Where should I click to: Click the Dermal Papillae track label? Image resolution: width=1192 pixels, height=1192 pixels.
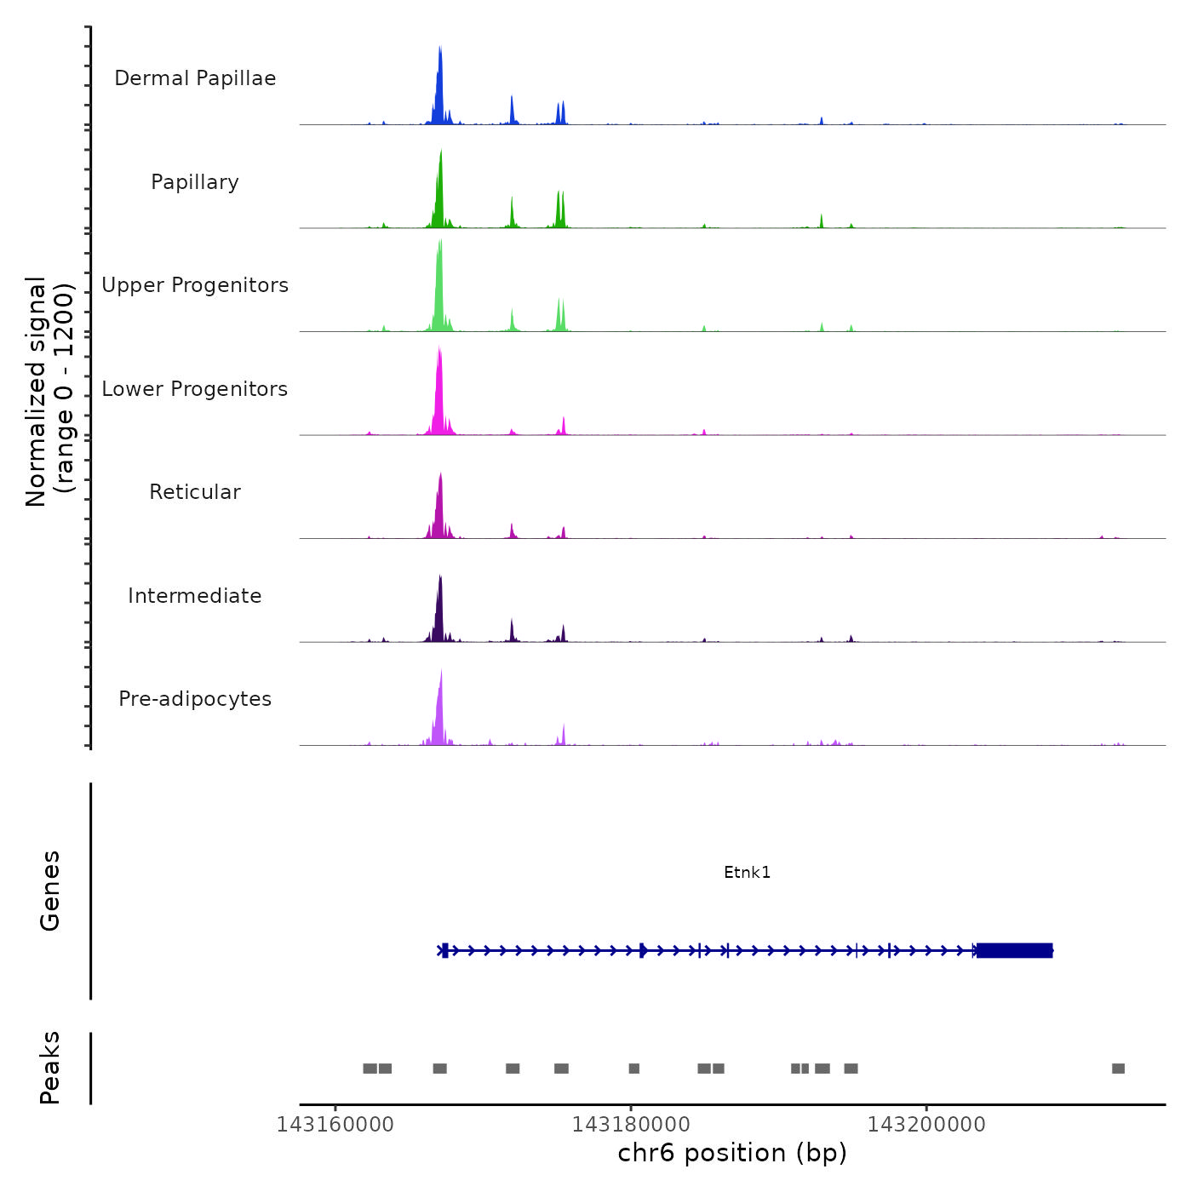point(195,78)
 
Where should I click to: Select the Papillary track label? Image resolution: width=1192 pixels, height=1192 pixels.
point(195,182)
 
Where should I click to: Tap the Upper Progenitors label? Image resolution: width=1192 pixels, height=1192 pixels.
point(195,285)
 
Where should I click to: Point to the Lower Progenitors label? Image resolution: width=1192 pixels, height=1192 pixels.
point(195,389)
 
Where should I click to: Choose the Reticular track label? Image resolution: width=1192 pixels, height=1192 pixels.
point(195,492)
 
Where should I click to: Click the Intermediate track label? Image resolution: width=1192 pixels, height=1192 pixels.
point(195,596)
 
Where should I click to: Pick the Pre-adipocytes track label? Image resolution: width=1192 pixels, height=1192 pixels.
point(195,699)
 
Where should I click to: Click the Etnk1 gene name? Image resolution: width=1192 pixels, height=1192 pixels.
point(747,872)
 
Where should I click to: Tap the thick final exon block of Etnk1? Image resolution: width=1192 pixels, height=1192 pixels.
point(1014,950)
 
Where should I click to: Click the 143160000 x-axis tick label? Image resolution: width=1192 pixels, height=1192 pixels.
point(335,1125)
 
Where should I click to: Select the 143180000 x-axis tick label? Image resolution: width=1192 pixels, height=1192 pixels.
point(631,1125)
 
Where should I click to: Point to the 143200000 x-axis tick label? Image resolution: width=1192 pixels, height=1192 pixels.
point(926,1125)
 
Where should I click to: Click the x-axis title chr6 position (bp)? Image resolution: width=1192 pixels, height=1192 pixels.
point(732,1153)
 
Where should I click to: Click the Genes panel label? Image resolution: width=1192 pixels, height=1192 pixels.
point(50,891)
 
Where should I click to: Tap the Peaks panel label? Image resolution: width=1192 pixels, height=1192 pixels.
point(50,1068)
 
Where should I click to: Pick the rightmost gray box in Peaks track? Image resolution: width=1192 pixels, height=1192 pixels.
point(1118,1069)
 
